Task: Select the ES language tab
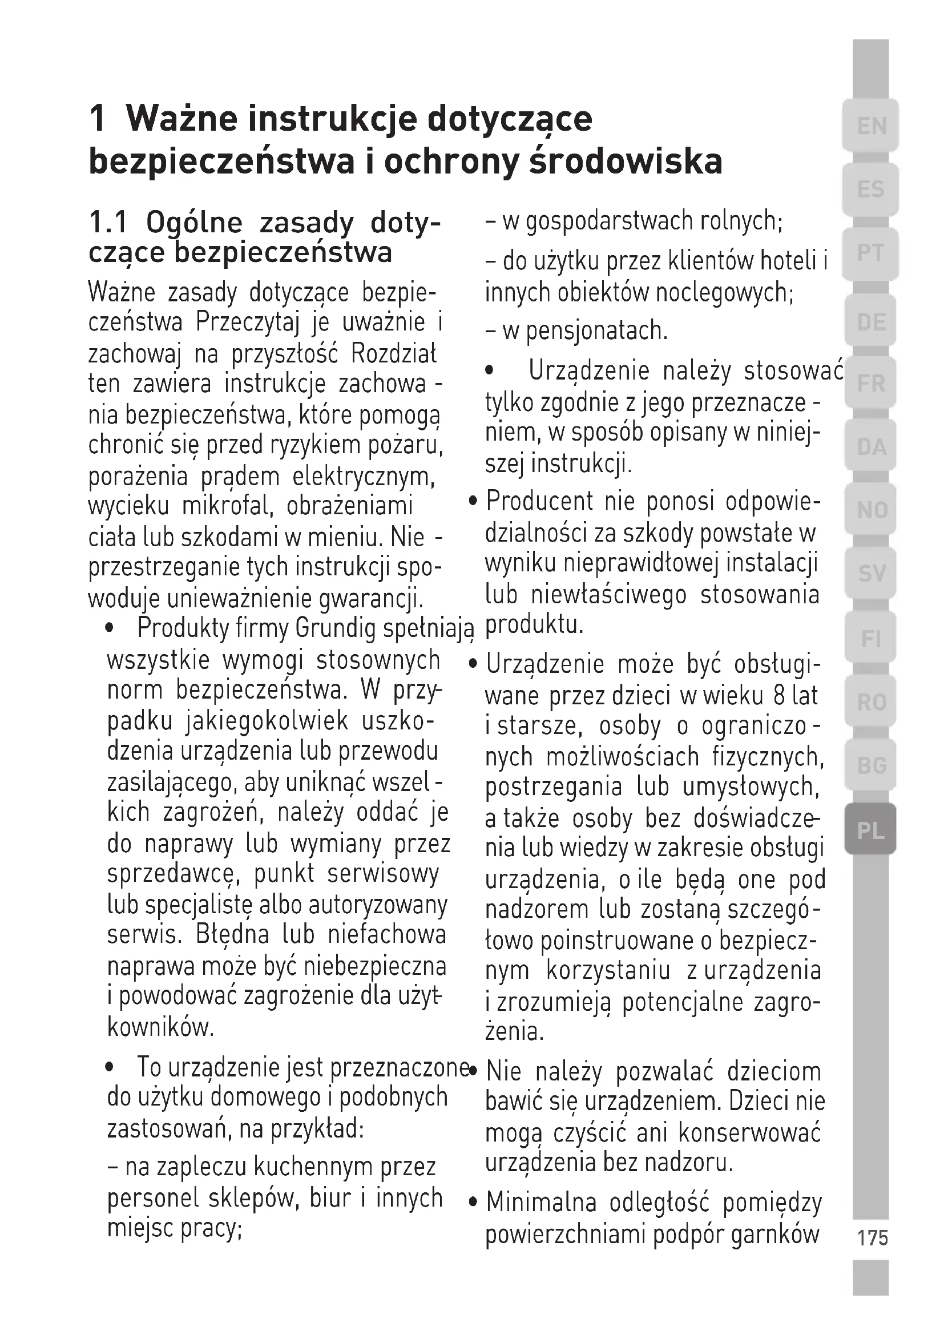[871, 189]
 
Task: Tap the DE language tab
[871, 321]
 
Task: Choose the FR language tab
[871, 384]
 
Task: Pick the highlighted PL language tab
[870, 831]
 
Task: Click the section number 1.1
[108, 223]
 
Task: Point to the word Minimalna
[541, 1202]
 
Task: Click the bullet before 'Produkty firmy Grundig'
[108, 628]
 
